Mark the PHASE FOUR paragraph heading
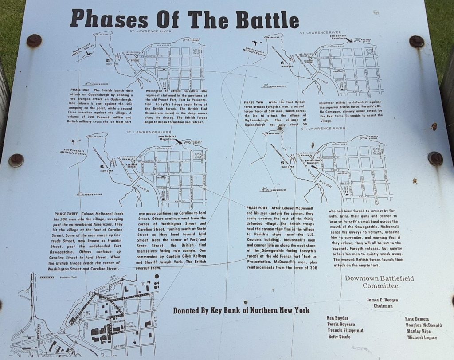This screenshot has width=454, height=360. (x=257, y=208)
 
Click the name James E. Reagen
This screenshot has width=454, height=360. (x=382, y=300)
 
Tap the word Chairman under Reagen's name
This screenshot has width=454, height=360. (x=383, y=306)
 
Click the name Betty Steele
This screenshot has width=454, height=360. (x=339, y=337)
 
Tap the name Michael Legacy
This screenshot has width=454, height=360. (x=422, y=337)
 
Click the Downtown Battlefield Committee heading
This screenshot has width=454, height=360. (x=379, y=282)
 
